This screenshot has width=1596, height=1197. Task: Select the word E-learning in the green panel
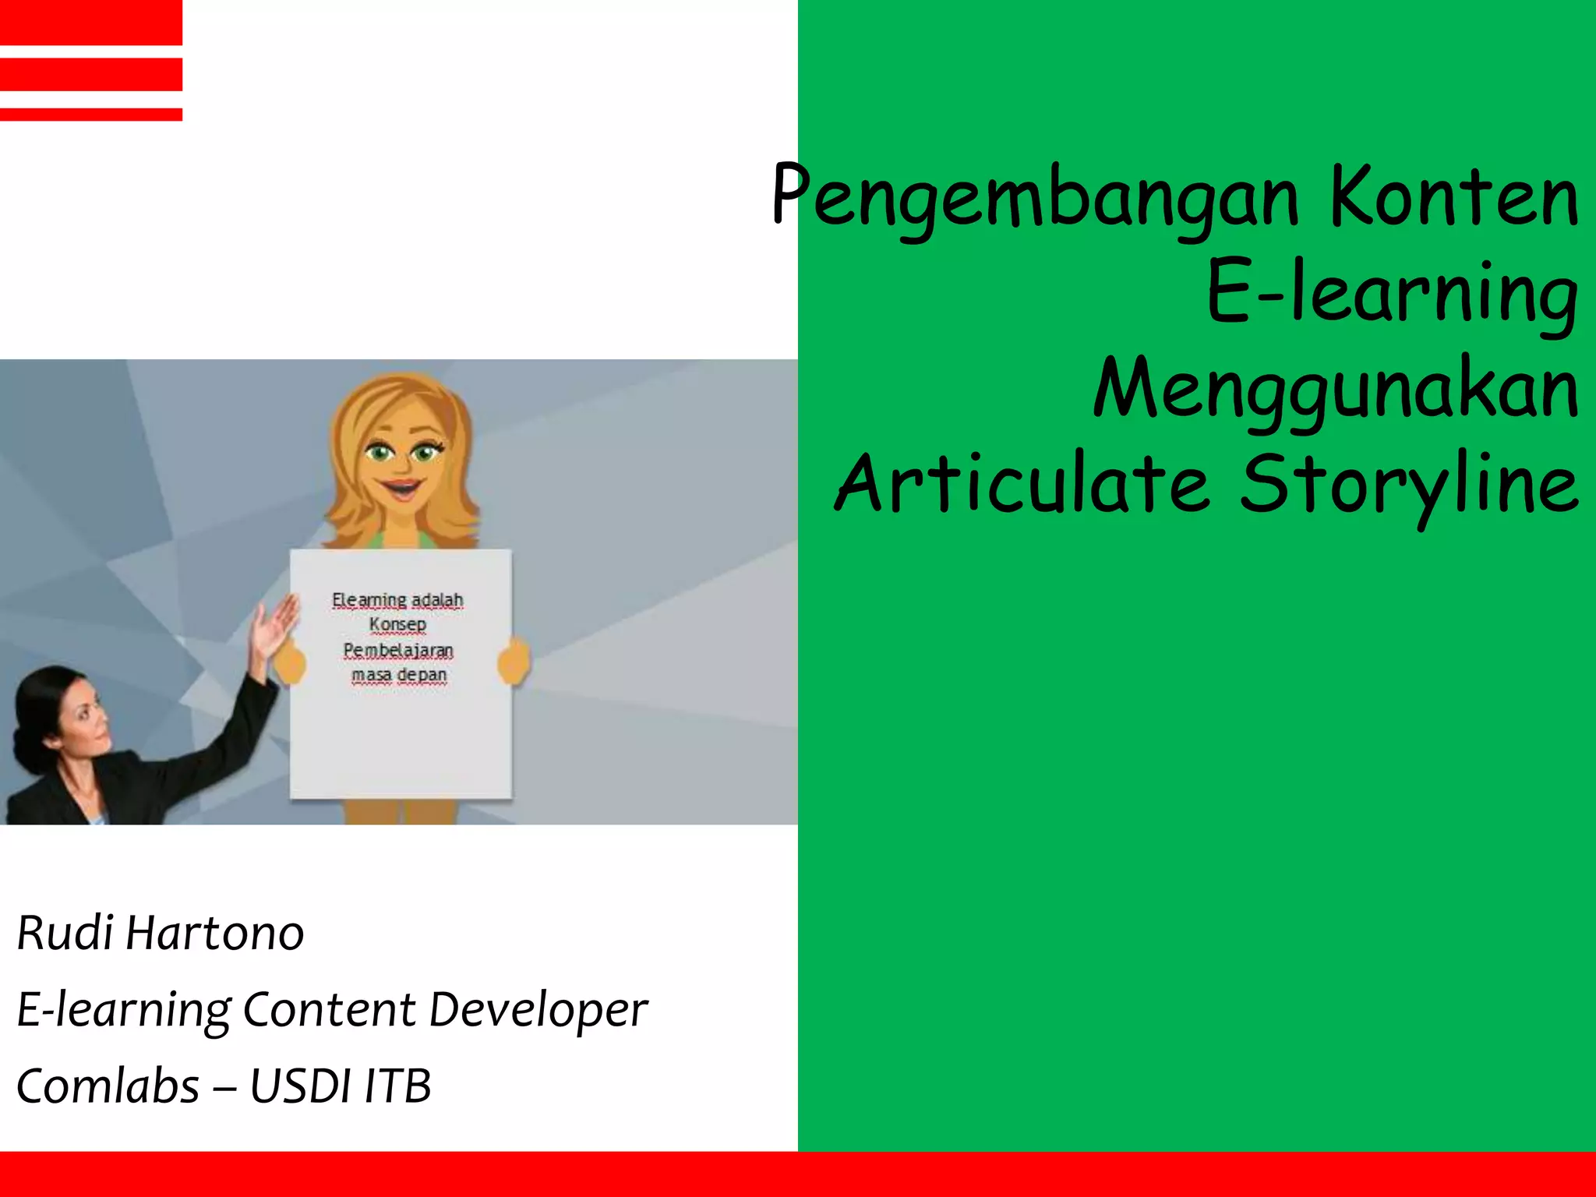tap(1392, 293)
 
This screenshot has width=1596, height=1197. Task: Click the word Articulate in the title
tap(1021, 485)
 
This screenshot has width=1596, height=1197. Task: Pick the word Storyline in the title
tap(1409, 485)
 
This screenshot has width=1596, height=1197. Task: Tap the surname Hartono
tap(214, 933)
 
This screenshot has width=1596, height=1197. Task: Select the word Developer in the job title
tap(538, 1010)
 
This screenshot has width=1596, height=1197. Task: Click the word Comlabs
tap(108, 1086)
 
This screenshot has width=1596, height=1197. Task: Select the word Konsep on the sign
tap(397, 624)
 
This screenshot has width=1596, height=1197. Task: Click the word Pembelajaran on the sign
tap(398, 650)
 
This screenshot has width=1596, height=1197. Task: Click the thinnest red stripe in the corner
tap(91, 115)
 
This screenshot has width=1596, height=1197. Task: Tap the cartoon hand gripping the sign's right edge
tap(514, 661)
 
